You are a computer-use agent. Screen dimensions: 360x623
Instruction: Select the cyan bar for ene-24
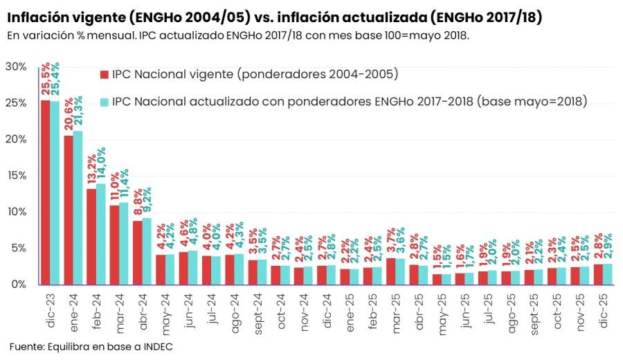coord(78,207)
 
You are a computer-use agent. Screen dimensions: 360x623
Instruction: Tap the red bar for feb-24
coord(91,236)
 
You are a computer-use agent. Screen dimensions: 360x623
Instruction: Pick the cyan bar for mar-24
coord(124,243)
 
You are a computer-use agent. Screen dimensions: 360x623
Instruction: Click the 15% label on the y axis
coord(15,175)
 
